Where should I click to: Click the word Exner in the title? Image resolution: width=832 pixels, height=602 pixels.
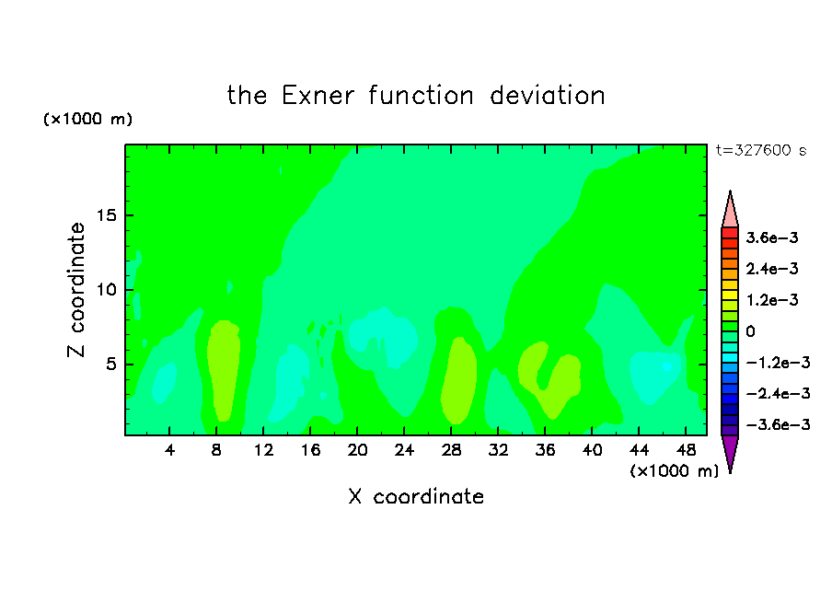tap(318, 96)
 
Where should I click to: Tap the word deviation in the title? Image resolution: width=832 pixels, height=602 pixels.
tap(547, 96)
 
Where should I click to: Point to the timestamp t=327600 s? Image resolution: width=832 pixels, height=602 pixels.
tap(761, 150)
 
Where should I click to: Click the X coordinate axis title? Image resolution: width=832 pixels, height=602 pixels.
tap(416, 496)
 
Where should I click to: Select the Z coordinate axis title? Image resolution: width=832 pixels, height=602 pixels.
tap(75, 290)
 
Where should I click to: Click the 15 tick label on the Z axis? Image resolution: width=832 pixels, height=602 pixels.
tap(106, 215)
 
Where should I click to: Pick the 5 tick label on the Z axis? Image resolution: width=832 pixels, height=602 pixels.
tap(110, 365)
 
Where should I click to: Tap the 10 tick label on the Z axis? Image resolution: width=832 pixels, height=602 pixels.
tap(106, 290)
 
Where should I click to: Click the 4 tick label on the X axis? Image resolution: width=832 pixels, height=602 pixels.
tap(169, 450)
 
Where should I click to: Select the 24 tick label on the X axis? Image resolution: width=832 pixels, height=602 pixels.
tap(404, 450)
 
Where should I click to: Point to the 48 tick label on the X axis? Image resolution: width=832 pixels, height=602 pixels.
tap(686, 450)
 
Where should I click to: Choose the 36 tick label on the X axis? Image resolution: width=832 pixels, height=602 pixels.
tap(545, 450)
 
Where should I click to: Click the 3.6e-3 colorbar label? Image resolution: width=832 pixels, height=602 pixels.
tap(772, 237)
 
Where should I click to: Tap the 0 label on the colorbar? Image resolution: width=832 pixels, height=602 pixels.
tap(750, 331)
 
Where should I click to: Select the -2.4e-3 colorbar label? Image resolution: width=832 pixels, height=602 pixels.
tap(778, 393)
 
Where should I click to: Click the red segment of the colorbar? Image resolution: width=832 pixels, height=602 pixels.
tap(730, 233)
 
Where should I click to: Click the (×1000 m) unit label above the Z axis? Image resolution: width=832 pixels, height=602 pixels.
tap(87, 119)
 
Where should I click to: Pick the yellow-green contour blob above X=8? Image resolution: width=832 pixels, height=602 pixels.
tap(223, 370)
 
